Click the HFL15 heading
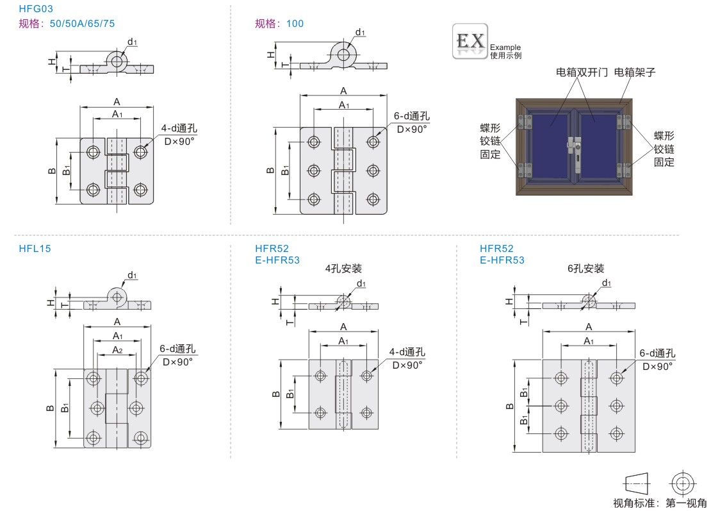pos(35,248)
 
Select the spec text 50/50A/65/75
pos(86,24)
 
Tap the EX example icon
pos(470,42)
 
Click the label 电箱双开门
pos(582,72)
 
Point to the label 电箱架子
pos(635,72)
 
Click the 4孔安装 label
pos(343,269)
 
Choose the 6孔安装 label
pos(585,269)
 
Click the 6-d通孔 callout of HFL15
pos(177,349)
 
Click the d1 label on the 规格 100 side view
pos(360,32)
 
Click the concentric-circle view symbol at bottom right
pos(683,483)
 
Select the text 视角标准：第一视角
pos(660,503)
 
